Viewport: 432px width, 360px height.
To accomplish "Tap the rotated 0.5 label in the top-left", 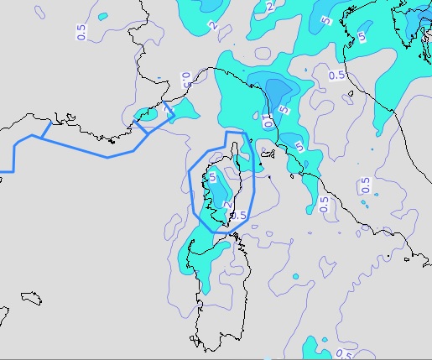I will click(x=81, y=34).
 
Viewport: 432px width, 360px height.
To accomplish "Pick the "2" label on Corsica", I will click(x=227, y=204).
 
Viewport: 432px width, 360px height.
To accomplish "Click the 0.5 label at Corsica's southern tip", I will click(x=239, y=216).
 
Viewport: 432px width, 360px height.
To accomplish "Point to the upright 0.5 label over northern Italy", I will click(x=336, y=75).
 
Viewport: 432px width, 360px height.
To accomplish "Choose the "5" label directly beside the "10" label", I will click(x=286, y=109).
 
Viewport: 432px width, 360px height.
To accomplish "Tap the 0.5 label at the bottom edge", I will click(x=343, y=353).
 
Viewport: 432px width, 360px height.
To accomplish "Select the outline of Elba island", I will click(x=269, y=152).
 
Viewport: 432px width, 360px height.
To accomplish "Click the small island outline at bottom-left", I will click(x=31, y=298).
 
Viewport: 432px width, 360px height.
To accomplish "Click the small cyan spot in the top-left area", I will click(x=102, y=16).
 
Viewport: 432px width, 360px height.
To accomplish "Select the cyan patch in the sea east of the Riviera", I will click(x=184, y=108).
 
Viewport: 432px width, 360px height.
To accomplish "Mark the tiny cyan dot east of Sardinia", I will click(x=295, y=275).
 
